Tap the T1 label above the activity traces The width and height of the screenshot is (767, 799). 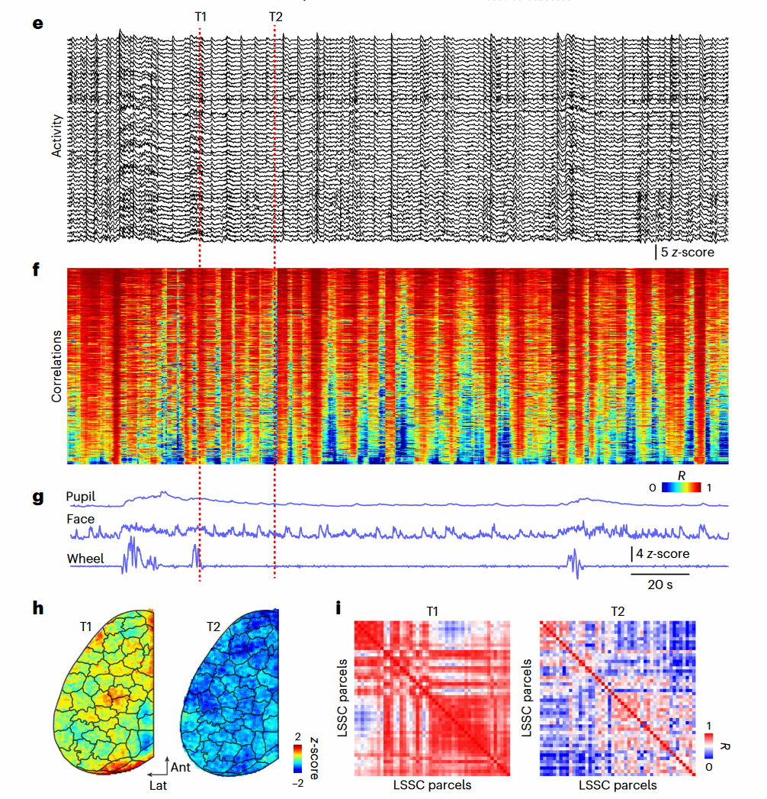(x=200, y=16)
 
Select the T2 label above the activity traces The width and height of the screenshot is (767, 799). (x=274, y=16)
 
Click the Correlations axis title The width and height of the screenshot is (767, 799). (x=56, y=366)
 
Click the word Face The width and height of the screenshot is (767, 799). (x=80, y=520)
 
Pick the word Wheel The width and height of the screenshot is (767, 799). (x=85, y=559)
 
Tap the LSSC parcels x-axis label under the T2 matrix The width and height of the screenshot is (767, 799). (x=617, y=785)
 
